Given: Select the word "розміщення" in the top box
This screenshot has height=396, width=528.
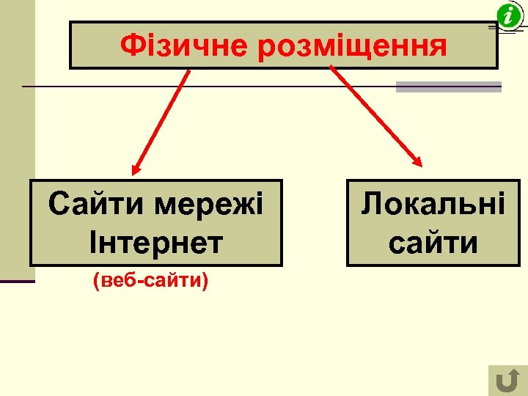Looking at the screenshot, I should pos(351,46).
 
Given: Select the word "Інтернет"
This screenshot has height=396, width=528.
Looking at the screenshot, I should pos(155,243).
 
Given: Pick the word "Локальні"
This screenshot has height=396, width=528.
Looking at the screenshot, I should pos(433,204).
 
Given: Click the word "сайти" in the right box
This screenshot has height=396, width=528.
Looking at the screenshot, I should pos(433,243).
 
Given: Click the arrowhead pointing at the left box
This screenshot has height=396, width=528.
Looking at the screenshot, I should pos(136,169).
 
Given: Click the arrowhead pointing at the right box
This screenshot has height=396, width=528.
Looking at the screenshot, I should pos(417,161).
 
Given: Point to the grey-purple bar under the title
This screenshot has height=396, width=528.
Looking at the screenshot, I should pos(448,87).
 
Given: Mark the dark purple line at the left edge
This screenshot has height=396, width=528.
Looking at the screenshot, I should pos(17,281).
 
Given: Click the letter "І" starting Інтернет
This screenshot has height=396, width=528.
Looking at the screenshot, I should pos(92,243).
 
